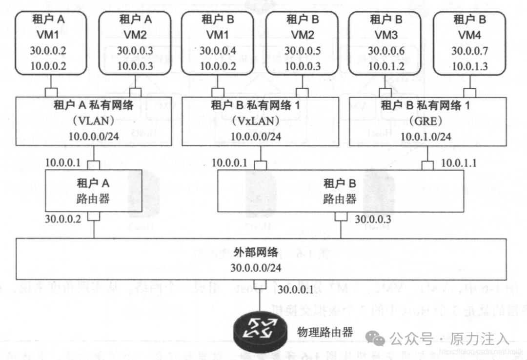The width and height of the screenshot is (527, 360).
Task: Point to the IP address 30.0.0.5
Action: point(302,50)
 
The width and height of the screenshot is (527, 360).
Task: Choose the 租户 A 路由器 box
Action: point(94,191)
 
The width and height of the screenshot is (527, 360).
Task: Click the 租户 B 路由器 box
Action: point(340,191)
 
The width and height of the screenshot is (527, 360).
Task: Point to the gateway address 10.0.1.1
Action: point(460,163)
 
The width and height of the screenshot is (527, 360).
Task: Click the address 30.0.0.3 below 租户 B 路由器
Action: point(373,219)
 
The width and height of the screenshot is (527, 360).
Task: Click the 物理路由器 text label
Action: point(324,333)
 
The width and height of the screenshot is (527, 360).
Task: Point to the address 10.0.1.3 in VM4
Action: point(469,66)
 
